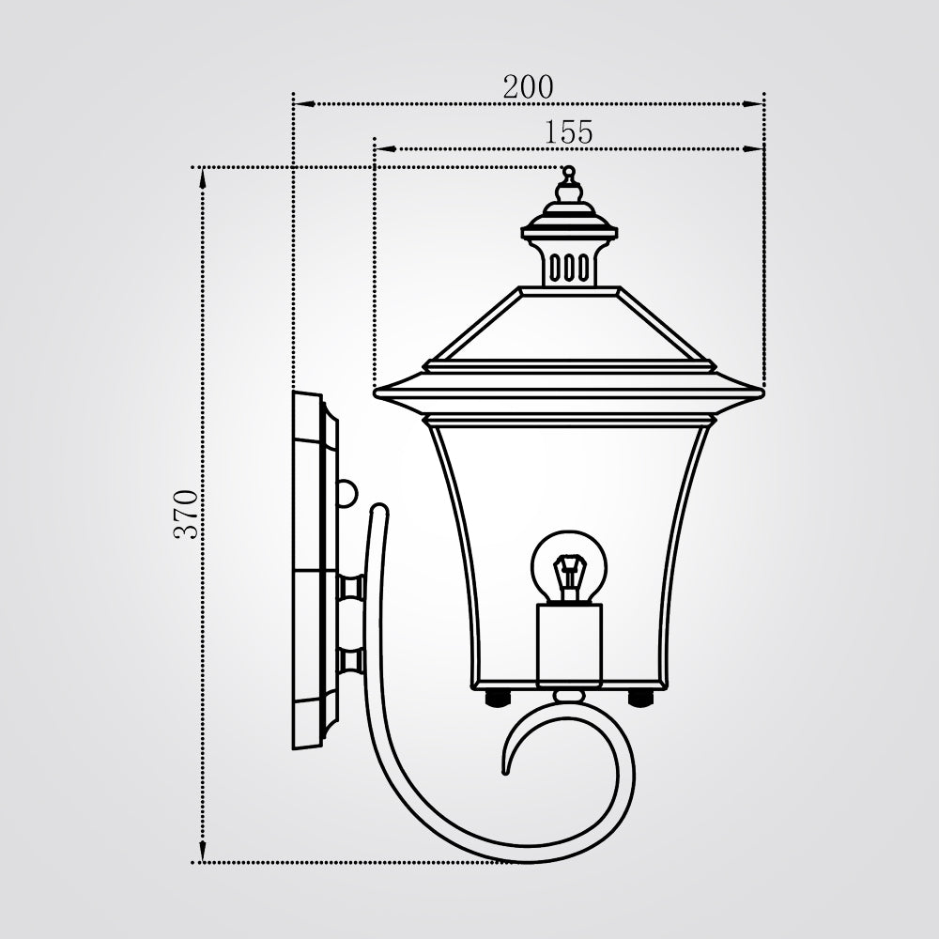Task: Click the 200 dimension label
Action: [528, 87]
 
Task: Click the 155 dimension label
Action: [568, 132]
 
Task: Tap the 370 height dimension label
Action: [186, 515]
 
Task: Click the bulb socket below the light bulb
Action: [569, 645]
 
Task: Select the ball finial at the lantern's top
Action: [568, 172]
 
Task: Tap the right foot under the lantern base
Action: [640, 697]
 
